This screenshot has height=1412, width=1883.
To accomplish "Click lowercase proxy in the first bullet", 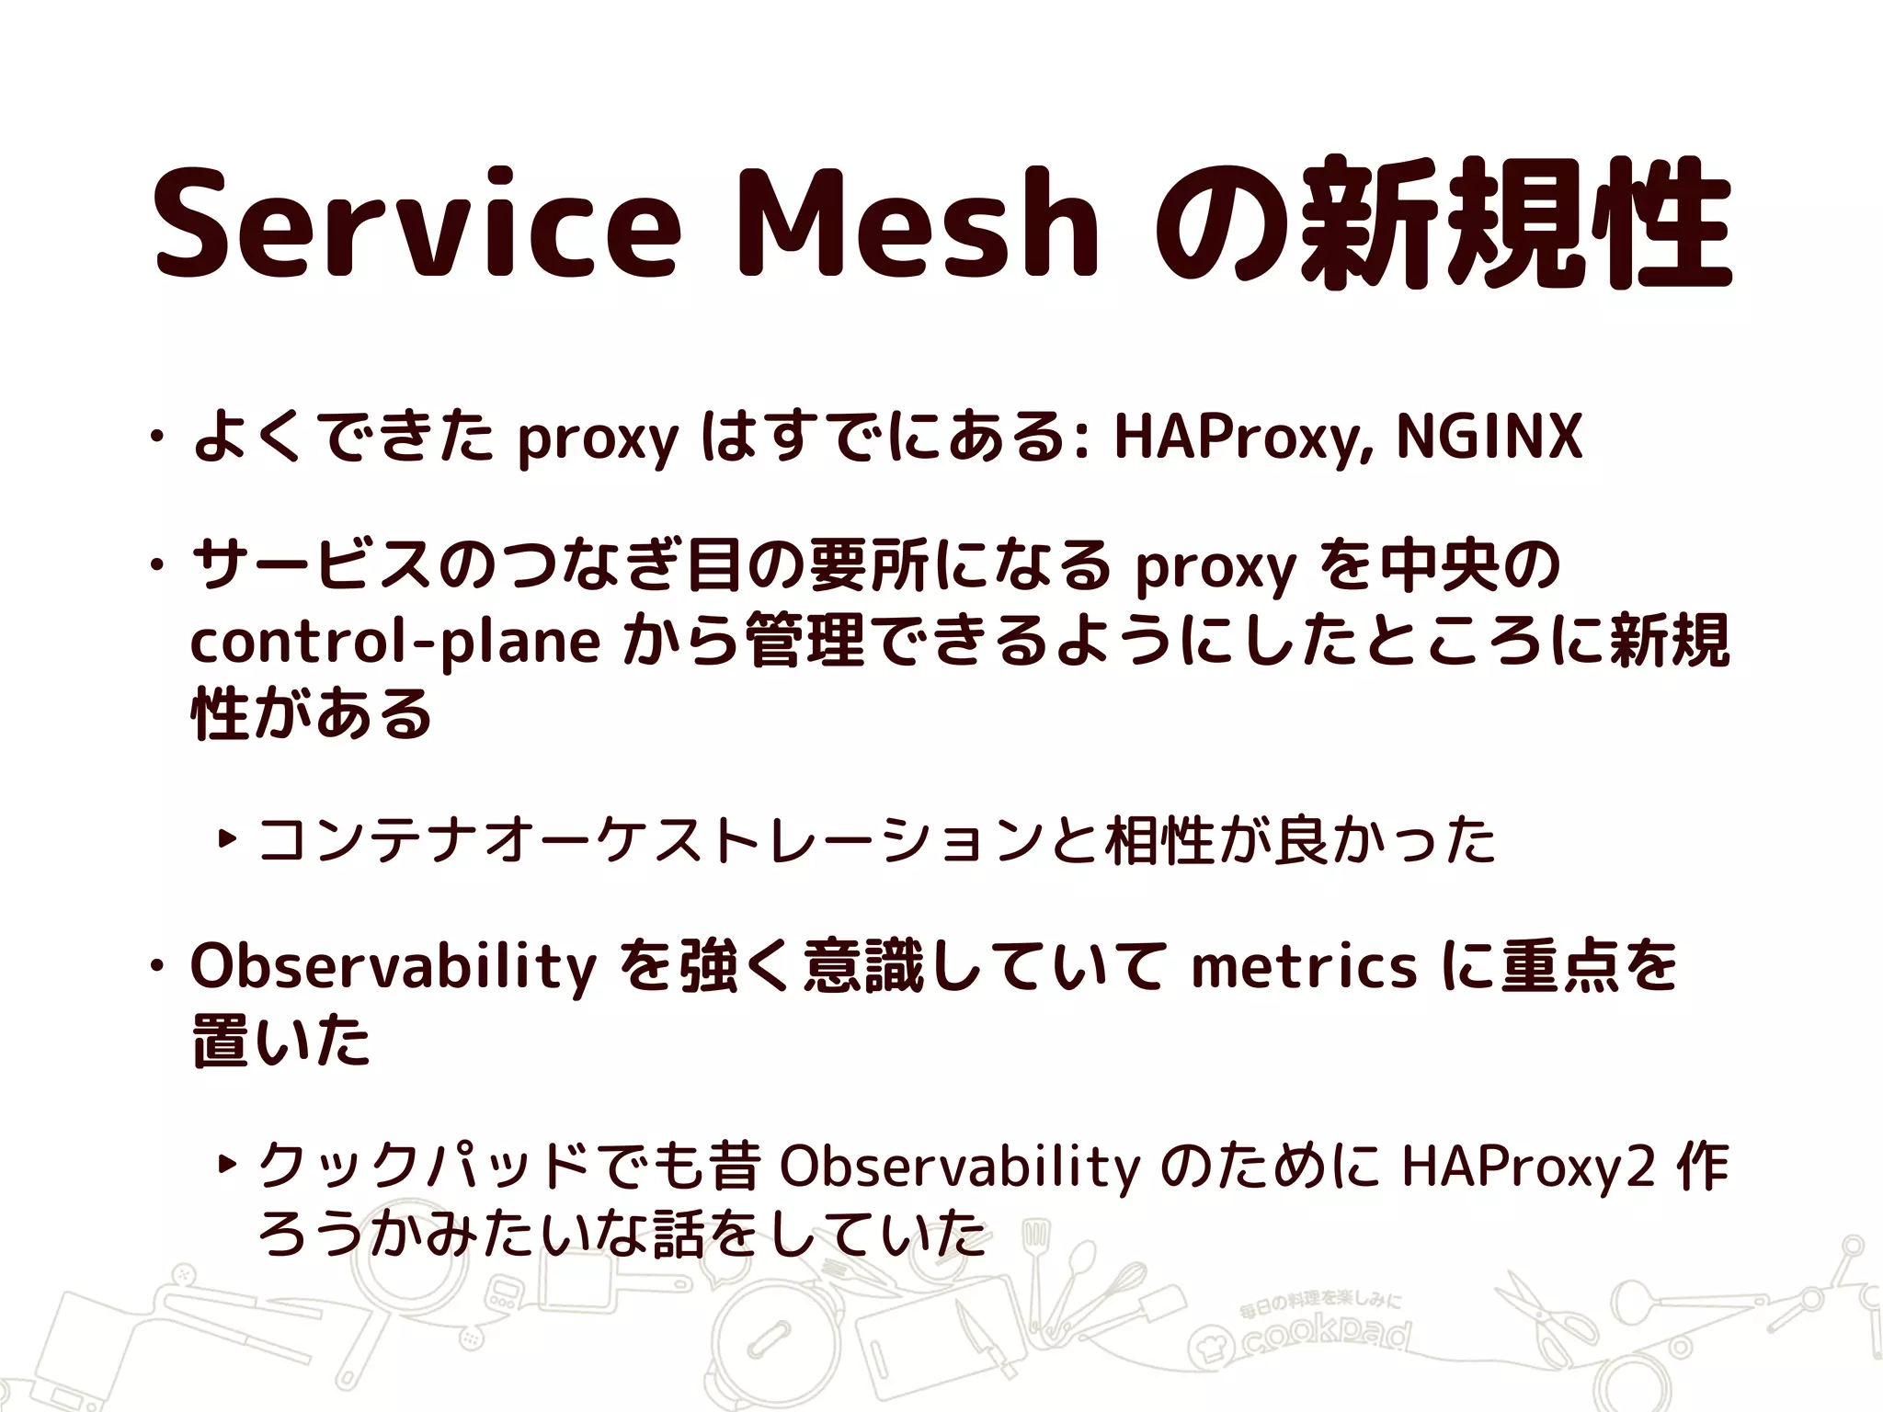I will (598, 439).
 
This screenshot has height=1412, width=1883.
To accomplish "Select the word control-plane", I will (395, 642).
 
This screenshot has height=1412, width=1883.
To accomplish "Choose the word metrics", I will (1304, 968).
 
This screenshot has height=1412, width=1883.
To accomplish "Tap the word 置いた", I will (281, 1042).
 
